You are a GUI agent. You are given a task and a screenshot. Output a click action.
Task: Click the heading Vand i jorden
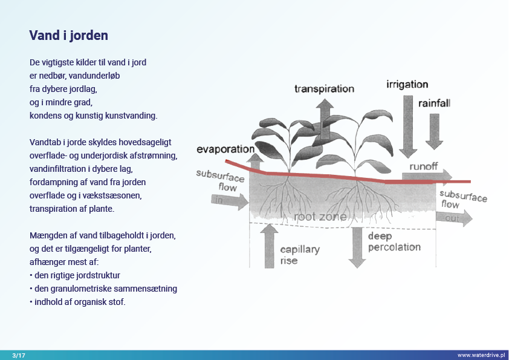68,35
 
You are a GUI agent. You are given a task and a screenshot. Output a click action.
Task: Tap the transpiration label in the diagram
324,89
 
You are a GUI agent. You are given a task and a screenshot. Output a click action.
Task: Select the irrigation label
407,85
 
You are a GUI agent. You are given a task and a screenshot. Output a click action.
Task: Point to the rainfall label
434,103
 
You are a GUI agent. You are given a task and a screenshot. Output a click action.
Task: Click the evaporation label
225,149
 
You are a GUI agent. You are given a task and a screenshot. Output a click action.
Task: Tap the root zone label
320,217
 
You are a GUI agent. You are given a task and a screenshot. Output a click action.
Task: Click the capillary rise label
300,255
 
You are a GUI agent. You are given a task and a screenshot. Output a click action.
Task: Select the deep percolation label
394,241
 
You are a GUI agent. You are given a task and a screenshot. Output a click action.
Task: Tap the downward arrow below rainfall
434,130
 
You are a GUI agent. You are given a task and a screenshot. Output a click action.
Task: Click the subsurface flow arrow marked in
231,201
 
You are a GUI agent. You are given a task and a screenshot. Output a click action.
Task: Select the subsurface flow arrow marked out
454,218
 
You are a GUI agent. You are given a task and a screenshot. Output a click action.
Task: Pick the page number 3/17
18,355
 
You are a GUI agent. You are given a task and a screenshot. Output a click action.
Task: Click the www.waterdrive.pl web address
481,355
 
